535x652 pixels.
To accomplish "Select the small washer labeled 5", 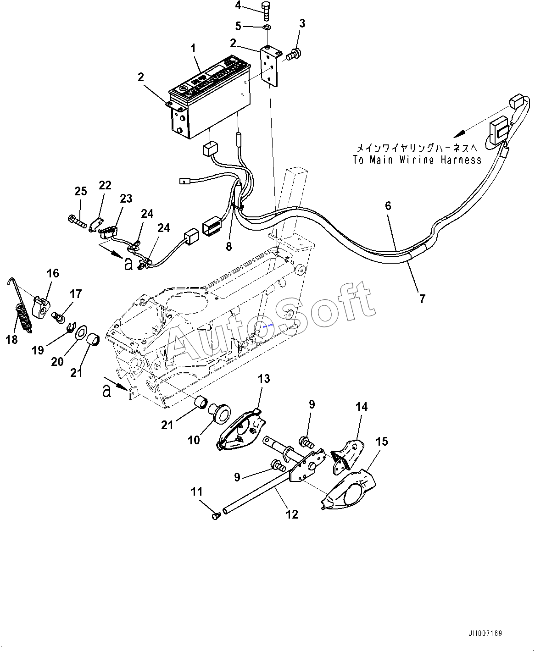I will [267, 28].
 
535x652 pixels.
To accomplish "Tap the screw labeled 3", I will [292, 54].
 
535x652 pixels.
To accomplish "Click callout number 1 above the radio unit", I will [193, 48].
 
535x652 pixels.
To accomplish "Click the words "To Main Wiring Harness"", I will [417, 160].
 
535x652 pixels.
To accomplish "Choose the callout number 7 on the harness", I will [422, 298].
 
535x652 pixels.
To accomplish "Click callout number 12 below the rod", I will [292, 514].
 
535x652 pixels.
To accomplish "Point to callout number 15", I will [382, 442].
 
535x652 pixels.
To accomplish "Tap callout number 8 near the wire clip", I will [228, 246].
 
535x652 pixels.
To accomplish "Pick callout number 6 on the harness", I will [388, 206].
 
